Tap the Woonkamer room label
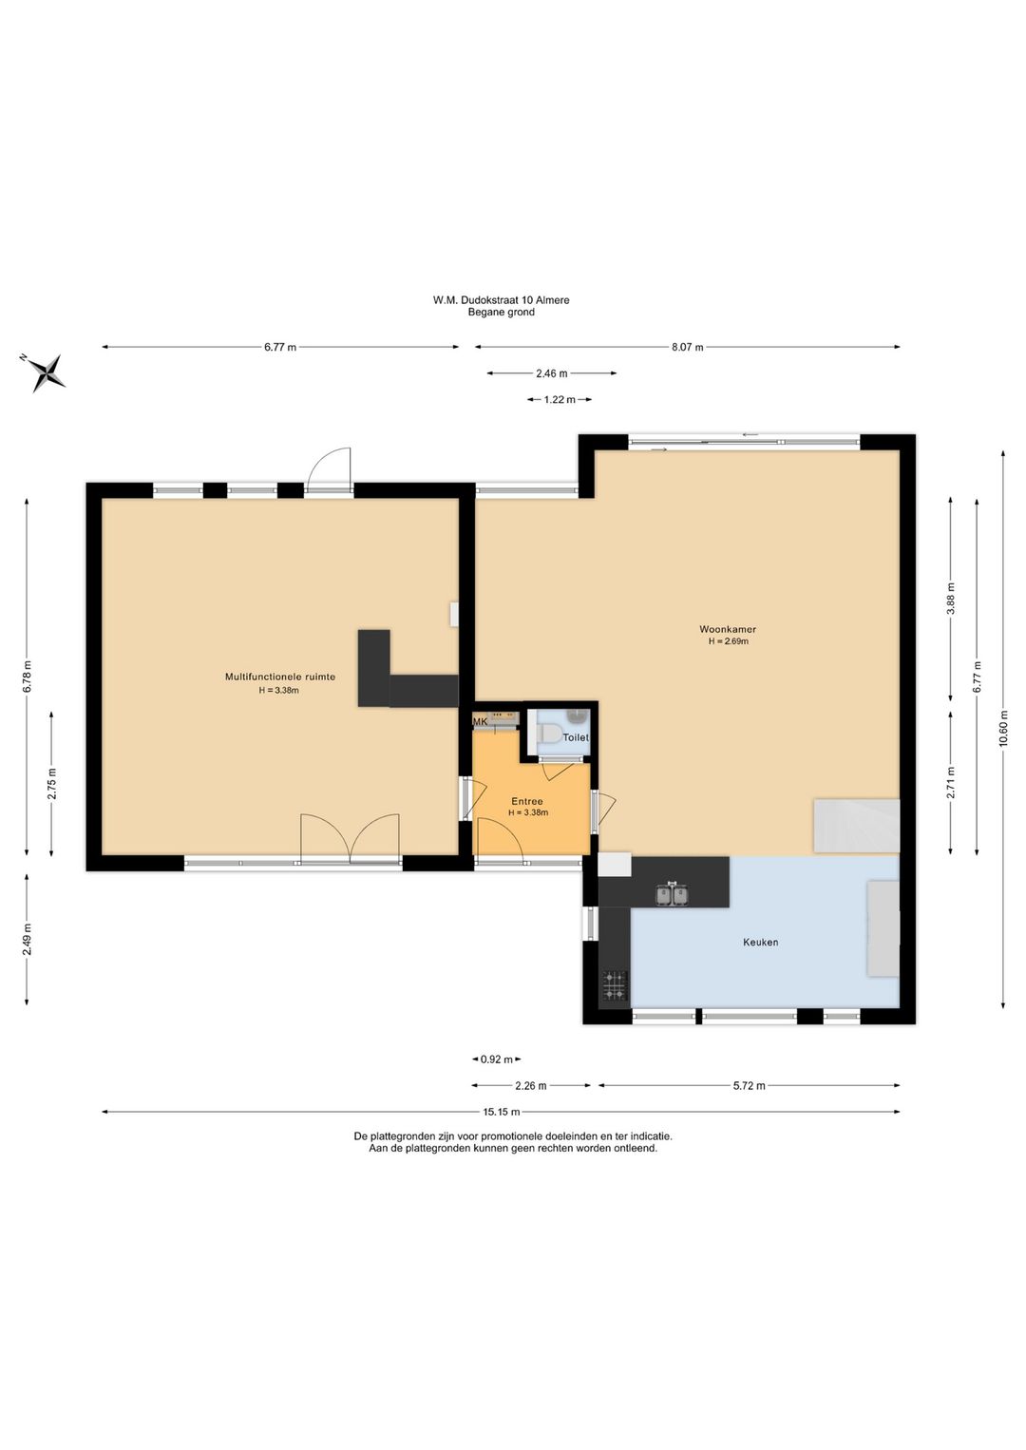tap(728, 629)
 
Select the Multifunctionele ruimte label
tap(280, 677)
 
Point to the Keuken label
tap(761, 943)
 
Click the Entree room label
tap(527, 801)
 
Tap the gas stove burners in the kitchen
tap(615, 986)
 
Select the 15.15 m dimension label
tap(502, 1113)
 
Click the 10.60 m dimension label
tap(1003, 728)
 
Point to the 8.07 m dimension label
tap(688, 347)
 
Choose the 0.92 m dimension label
tap(497, 1059)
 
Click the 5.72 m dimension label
tap(749, 1086)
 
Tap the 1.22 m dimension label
tap(560, 400)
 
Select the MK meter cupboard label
tap(481, 722)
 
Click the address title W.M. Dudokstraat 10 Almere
tap(502, 300)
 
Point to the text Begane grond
tap(502, 312)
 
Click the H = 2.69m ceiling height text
tap(729, 641)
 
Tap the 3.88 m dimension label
tap(950, 598)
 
